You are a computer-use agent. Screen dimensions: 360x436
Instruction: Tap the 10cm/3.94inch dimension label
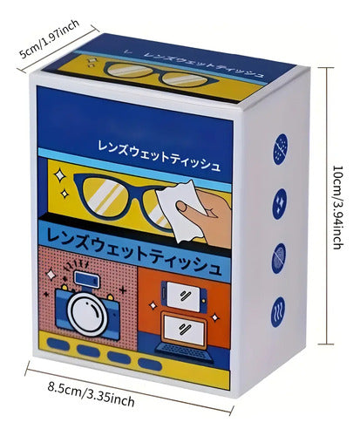click(338, 208)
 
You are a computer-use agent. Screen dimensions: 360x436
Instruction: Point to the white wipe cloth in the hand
click(180, 211)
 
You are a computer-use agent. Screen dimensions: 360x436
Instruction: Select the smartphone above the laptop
click(183, 296)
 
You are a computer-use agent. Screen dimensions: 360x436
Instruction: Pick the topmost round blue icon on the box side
click(281, 149)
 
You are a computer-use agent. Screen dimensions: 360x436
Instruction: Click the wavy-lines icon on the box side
click(278, 312)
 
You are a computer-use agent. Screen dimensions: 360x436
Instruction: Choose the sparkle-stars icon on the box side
click(279, 204)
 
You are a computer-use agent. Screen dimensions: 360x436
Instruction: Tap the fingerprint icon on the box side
click(279, 258)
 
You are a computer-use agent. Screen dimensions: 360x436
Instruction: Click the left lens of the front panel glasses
click(104, 197)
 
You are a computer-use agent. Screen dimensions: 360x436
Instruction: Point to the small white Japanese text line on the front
click(159, 155)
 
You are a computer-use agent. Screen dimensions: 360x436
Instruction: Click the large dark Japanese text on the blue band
click(133, 250)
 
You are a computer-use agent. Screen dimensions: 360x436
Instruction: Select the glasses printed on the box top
click(158, 74)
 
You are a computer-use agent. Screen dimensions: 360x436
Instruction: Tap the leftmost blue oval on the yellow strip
click(58, 344)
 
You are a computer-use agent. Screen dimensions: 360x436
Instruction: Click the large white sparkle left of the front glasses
click(60, 175)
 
